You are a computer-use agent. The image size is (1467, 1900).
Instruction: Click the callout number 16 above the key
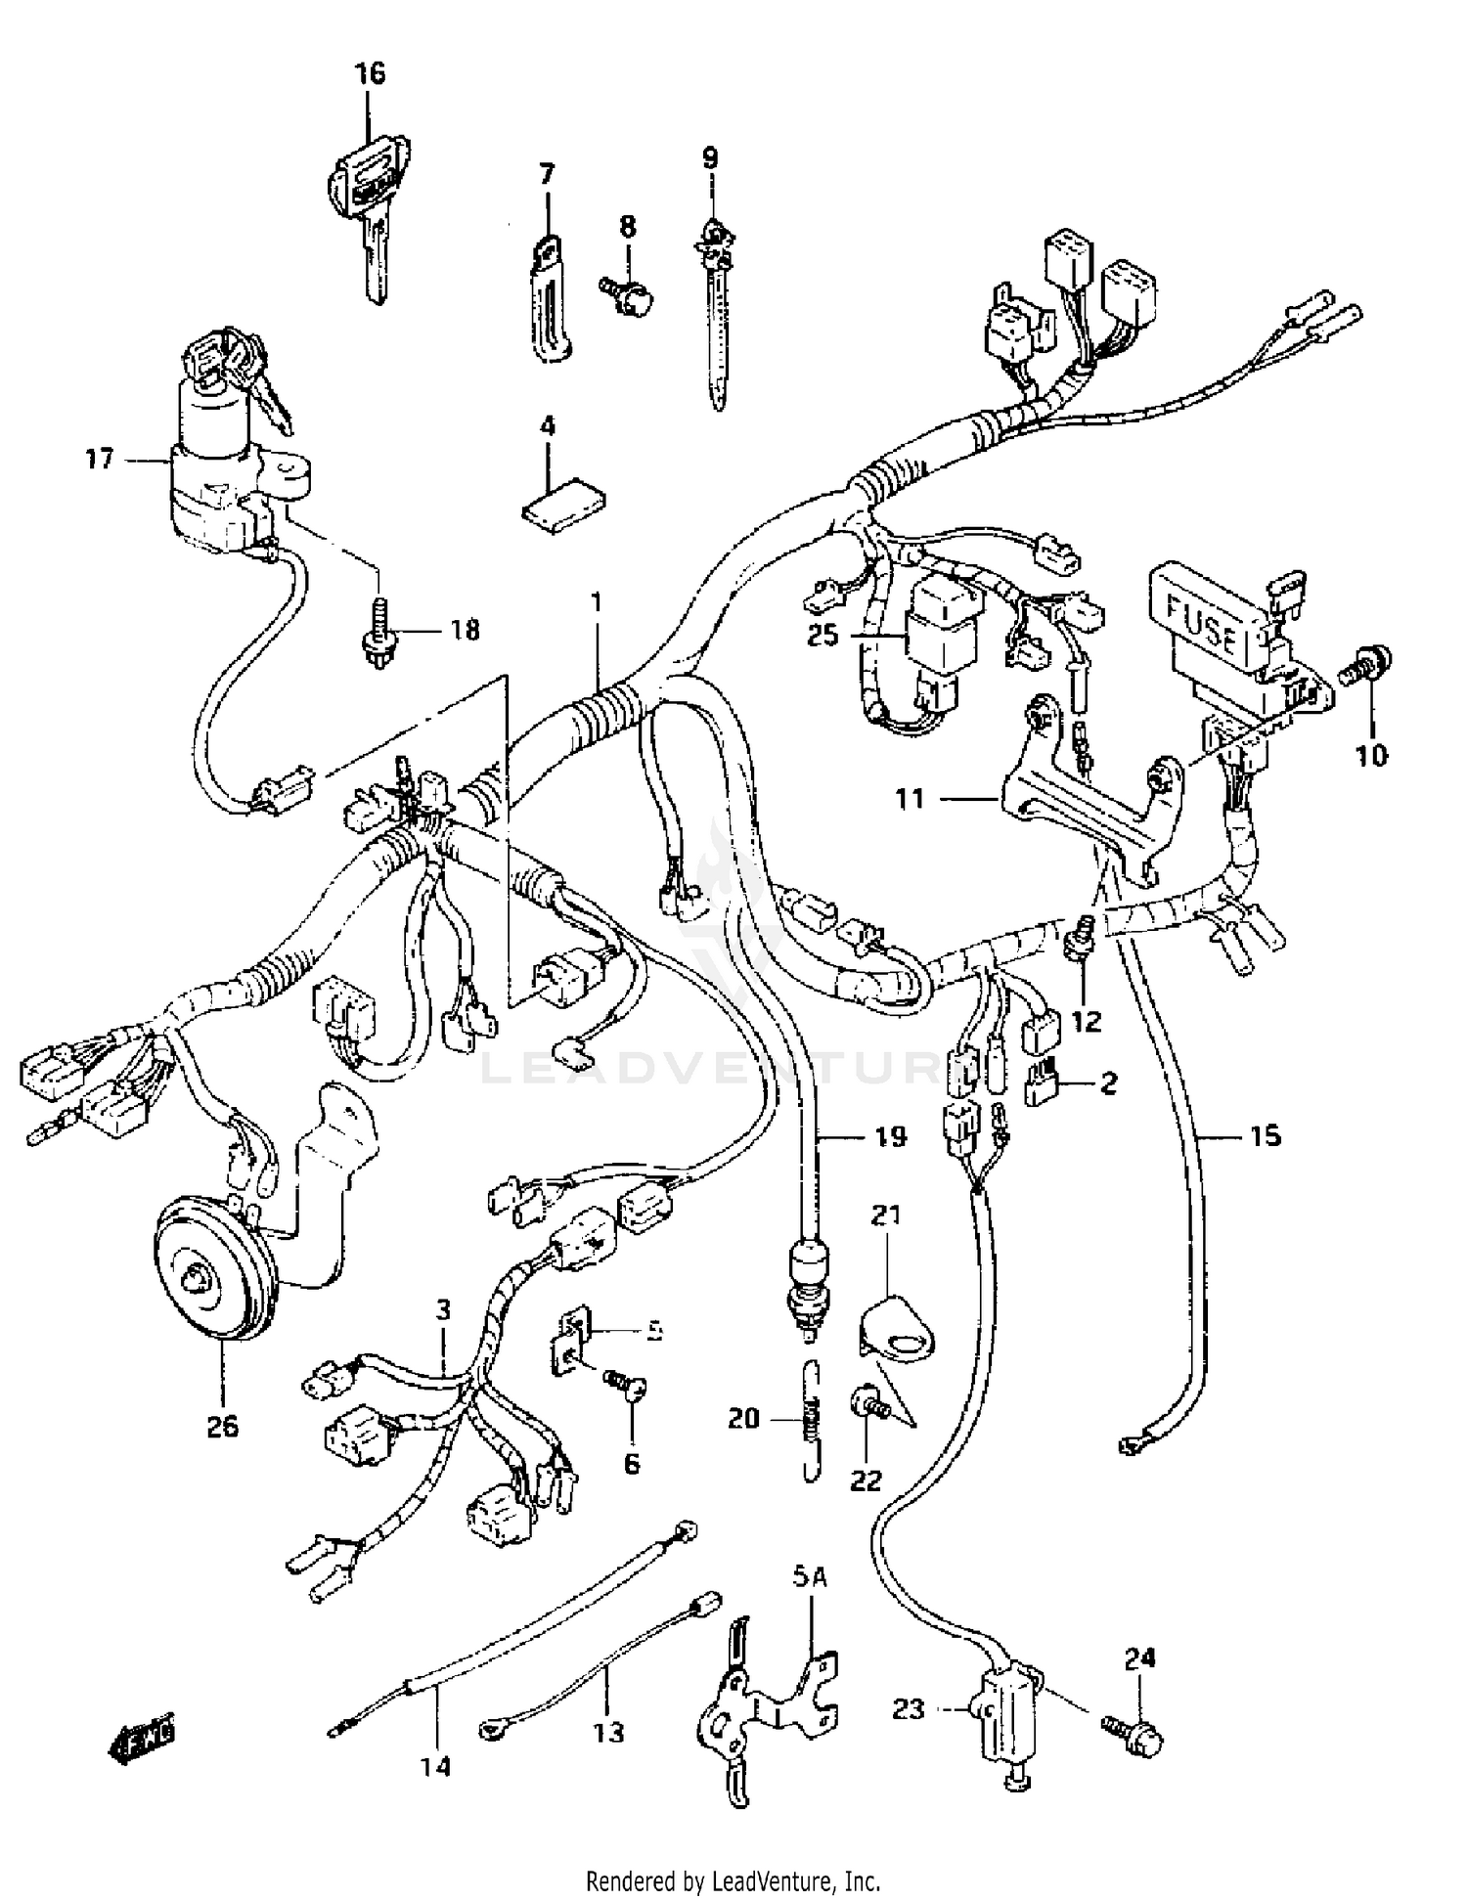pyautogui.click(x=370, y=73)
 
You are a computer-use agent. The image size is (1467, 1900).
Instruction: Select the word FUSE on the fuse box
pyautogui.click(x=1203, y=626)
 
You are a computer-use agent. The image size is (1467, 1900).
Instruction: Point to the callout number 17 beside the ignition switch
pyautogui.click(x=99, y=458)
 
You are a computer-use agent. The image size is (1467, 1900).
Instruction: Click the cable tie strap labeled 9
pyautogui.click(x=715, y=323)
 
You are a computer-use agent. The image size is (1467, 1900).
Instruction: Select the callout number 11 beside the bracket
pyautogui.click(x=910, y=799)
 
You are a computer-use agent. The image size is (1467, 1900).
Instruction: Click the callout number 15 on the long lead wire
pyautogui.click(x=1264, y=1135)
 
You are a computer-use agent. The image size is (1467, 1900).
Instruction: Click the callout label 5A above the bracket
pyautogui.click(x=802, y=1576)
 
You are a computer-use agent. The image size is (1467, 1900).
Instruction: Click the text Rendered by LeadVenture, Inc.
pyautogui.click(x=733, y=1880)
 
